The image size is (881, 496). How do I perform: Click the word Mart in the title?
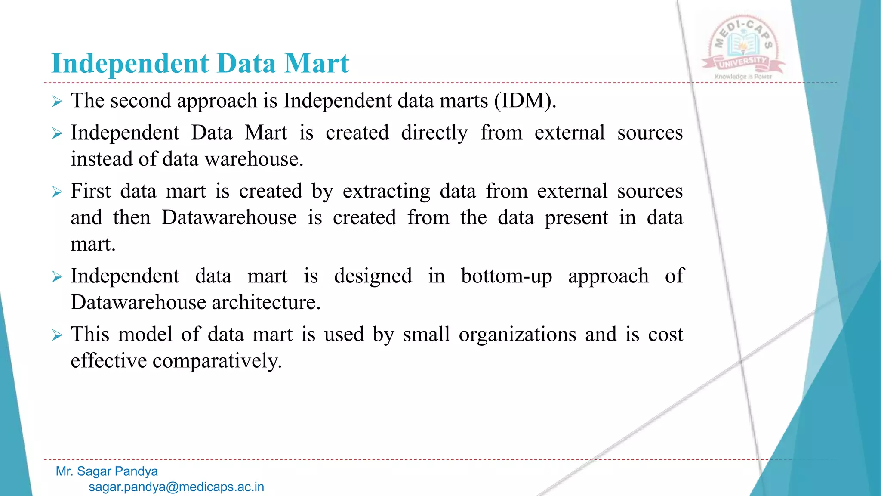[x=316, y=64]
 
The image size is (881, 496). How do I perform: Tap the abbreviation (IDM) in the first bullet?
[x=525, y=101]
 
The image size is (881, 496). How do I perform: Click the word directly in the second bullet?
[x=434, y=133]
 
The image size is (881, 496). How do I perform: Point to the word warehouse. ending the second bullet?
[x=254, y=159]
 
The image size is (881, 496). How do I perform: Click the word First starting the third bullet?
[x=90, y=191]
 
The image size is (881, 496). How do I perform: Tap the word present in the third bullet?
[x=576, y=218]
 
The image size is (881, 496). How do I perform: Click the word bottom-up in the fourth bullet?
[x=506, y=276]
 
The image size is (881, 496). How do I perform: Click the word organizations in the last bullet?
[x=517, y=335]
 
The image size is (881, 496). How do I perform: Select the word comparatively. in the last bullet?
[x=217, y=361]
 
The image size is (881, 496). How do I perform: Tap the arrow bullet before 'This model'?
[x=57, y=335]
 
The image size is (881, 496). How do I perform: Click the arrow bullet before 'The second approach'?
[x=57, y=102]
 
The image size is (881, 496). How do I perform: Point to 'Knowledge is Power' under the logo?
[x=743, y=77]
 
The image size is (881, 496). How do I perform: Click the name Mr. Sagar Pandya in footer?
[x=107, y=471]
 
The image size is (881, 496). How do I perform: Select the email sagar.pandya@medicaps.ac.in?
[x=176, y=487]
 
